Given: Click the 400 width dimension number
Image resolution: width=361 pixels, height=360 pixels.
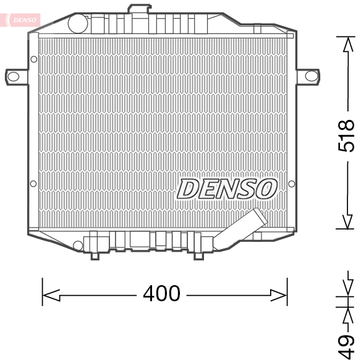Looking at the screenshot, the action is (161, 293).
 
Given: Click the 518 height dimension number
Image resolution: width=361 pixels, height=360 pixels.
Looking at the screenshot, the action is (346, 136).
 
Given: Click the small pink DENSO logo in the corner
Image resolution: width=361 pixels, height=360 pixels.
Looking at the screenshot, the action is (25, 20).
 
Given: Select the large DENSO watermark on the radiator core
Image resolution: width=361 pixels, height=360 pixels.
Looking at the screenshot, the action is (227, 189).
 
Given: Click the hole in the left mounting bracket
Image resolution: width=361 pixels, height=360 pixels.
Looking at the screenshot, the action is (14, 77).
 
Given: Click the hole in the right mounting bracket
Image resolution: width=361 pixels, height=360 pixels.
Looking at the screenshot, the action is (312, 76).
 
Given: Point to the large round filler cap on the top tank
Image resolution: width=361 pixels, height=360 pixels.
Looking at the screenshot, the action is (78, 24).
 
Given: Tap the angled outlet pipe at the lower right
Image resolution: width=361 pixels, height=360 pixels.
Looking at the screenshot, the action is (239, 229).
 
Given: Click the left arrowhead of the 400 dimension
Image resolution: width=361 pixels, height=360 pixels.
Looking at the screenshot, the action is (51, 295).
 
